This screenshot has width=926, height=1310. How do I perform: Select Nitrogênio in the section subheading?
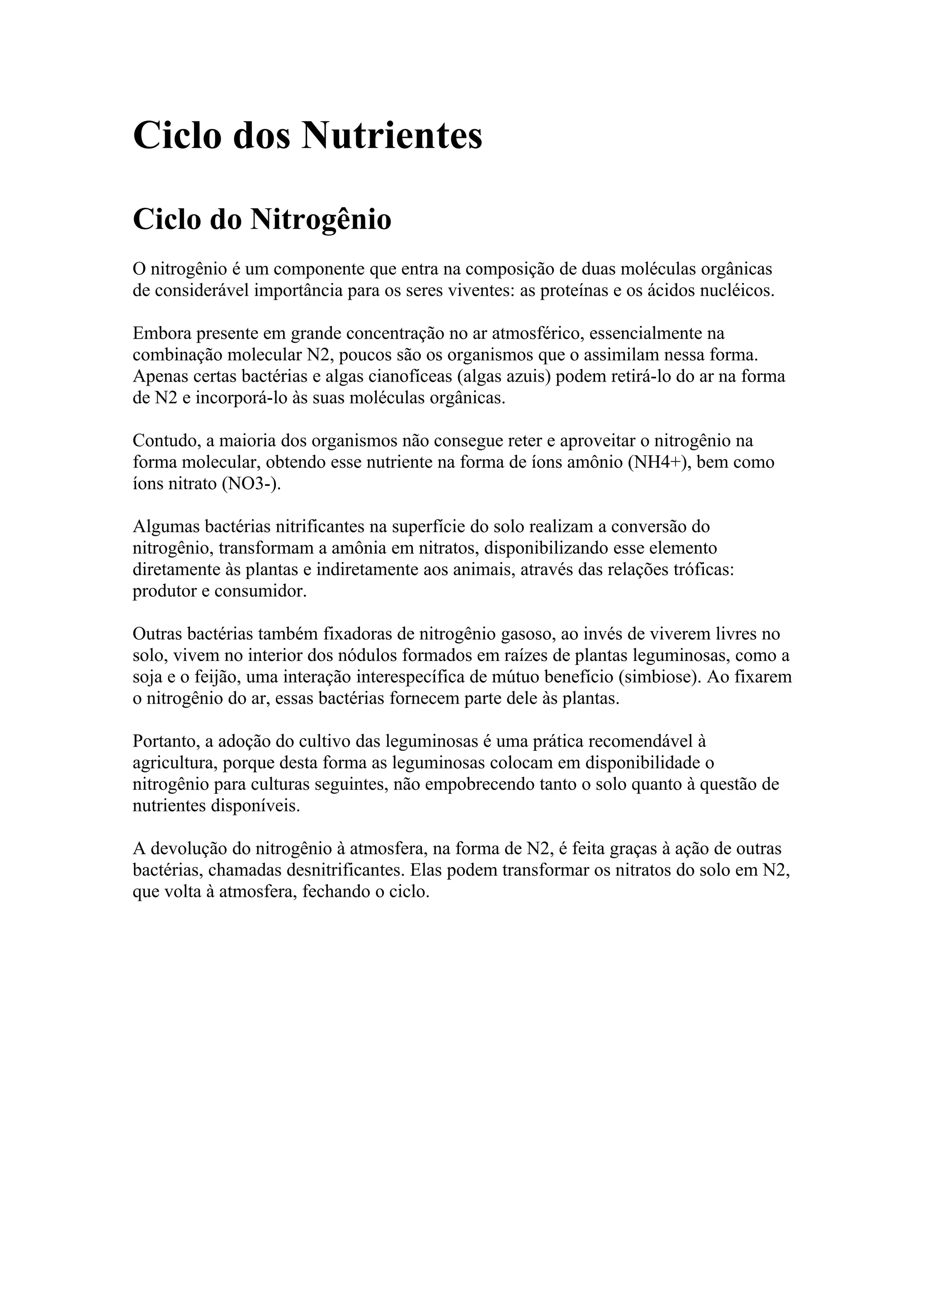pyautogui.click(x=320, y=220)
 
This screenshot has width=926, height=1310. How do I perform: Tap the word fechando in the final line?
pyautogui.click(x=334, y=892)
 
